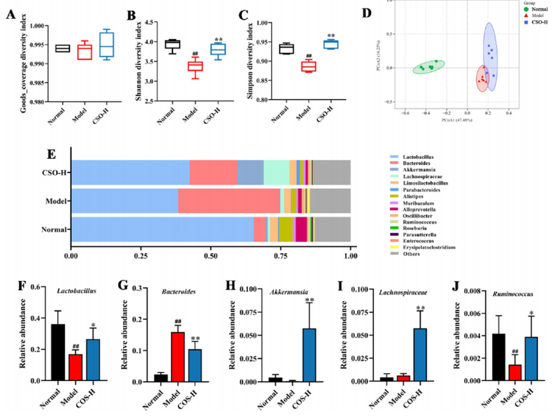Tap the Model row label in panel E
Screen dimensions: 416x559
[57, 201]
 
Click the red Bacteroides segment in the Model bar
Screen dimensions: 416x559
[228, 201]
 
